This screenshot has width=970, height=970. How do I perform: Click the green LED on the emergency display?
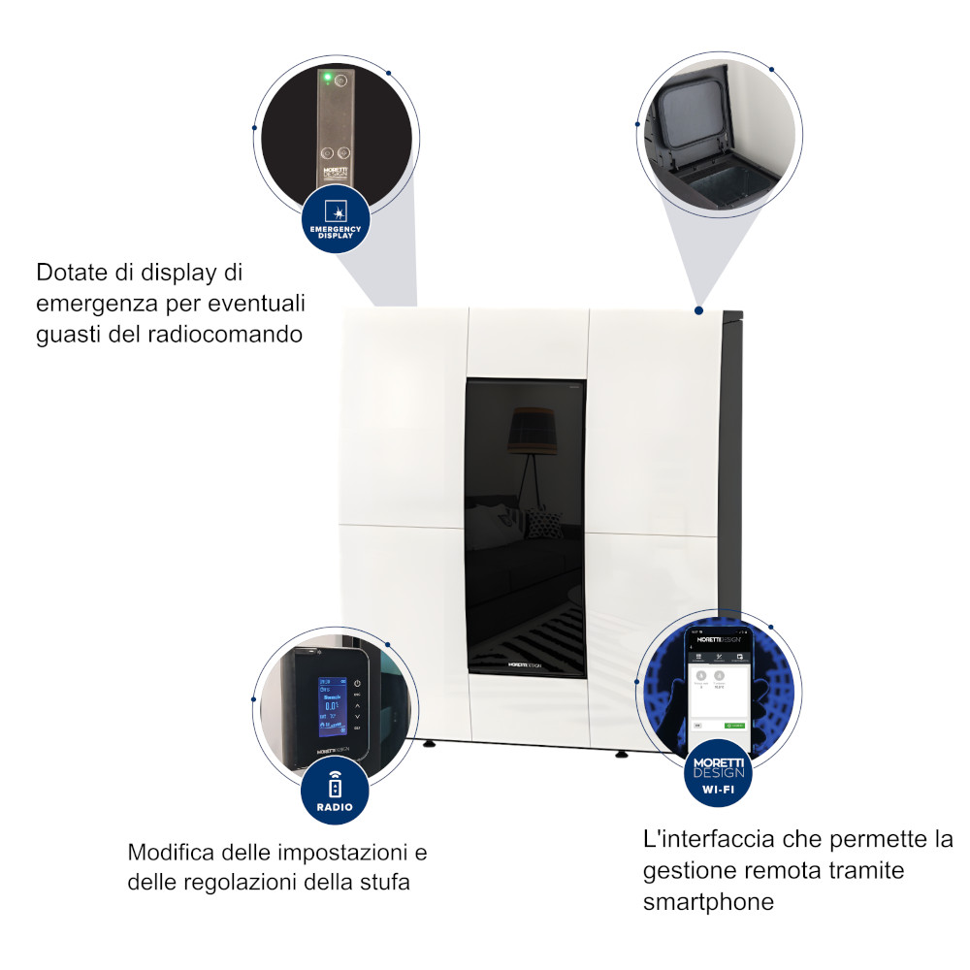tap(327, 77)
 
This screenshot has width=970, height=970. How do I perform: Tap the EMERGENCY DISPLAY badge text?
tap(335, 232)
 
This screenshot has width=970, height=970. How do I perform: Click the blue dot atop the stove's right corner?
tap(698, 311)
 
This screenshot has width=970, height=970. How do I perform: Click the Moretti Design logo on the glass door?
tap(525, 665)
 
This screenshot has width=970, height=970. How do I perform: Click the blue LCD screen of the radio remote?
tap(332, 702)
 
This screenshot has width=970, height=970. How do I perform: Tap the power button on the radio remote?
tap(357, 683)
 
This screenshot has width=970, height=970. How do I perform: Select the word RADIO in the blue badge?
tap(336, 806)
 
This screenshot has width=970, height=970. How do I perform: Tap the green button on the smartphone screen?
tap(734, 725)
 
